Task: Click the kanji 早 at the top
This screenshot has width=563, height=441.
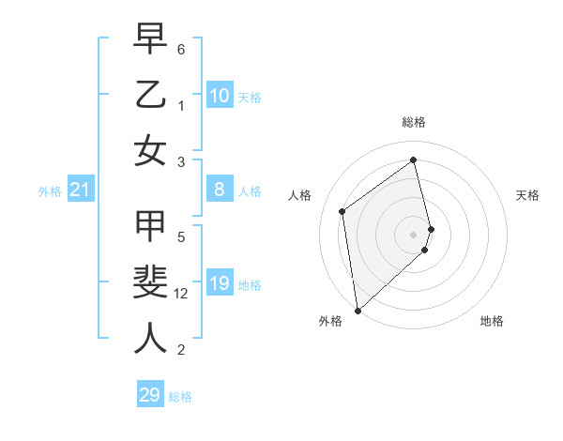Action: click(151, 40)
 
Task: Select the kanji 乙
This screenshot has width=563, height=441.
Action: click(151, 95)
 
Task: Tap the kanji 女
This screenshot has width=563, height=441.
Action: click(151, 149)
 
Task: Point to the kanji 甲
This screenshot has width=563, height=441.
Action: click(151, 228)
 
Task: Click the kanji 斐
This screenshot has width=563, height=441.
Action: click(151, 282)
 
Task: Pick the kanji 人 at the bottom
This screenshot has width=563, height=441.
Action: click(151, 337)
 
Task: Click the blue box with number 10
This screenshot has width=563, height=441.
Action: click(220, 96)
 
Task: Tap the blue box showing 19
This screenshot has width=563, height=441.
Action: click(220, 283)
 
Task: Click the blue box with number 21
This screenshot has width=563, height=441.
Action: click(81, 190)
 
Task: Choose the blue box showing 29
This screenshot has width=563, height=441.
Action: click(150, 395)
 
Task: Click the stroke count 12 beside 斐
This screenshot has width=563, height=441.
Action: click(182, 294)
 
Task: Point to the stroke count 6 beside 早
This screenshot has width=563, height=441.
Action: click(181, 49)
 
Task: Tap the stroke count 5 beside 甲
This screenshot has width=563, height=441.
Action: click(181, 237)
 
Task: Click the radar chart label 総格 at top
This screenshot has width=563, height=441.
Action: click(414, 122)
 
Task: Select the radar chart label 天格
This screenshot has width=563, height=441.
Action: click(528, 195)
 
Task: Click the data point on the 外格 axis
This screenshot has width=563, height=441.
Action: click(358, 310)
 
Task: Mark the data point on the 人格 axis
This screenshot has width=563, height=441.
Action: click(342, 211)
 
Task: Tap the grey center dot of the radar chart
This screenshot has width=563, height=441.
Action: click(414, 234)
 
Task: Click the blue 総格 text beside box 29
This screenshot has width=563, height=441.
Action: click(180, 397)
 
